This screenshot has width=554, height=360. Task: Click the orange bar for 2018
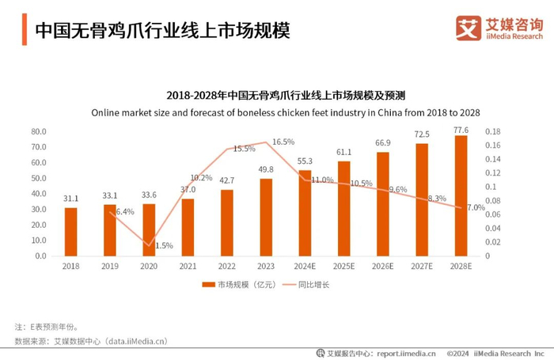pyautogui.click(x=71, y=231)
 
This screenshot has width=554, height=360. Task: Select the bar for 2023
pyautogui.click(x=266, y=217)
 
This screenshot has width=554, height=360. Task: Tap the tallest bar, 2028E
pyautogui.click(x=461, y=195)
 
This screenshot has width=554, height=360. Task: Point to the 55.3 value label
pyautogui.click(x=305, y=161)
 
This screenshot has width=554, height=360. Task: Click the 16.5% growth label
pyautogui.click(x=283, y=142)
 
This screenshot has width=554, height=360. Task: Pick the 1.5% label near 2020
pyautogui.click(x=163, y=246)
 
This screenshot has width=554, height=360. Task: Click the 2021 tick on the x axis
pyautogui.click(x=188, y=267)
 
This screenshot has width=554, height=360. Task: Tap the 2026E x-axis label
pyautogui.click(x=382, y=267)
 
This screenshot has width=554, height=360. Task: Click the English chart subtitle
pyautogui.click(x=286, y=112)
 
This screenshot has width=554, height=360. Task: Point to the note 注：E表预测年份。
pyautogui.click(x=47, y=326)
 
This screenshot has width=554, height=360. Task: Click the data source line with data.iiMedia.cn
pyautogui.click(x=91, y=341)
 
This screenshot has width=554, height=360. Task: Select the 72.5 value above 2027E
pyautogui.click(x=422, y=135)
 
